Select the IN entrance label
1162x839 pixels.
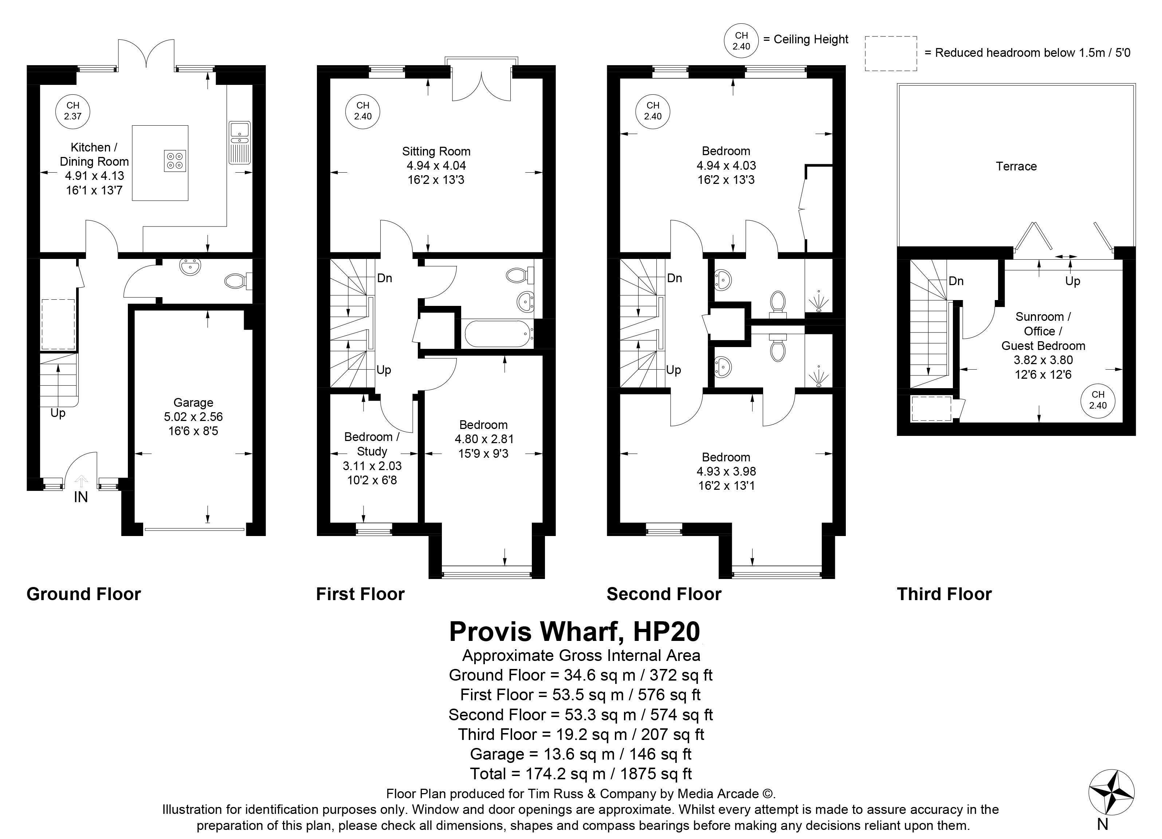tap(81, 497)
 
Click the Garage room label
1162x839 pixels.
tap(193, 403)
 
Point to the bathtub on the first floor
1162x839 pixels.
tap(498, 334)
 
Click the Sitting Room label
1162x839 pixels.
tap(436, 151)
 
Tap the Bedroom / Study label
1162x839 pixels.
tap(372, 444)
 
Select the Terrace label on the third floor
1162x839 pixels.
tap(1016, 166)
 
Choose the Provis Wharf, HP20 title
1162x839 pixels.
tap(574, 631)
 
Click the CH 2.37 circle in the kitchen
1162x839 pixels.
tap(73, 111)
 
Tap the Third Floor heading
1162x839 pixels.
tap(944, 594)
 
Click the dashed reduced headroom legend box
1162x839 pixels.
tap(891, 53)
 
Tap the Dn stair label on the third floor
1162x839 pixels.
tap(956, 281)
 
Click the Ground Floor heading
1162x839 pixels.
tap(83, 594)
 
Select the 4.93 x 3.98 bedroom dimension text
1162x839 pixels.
tap(726, 471)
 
